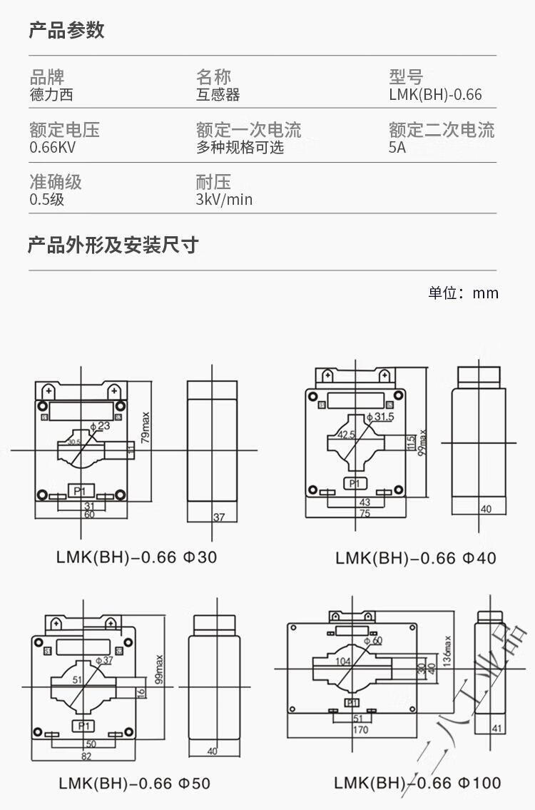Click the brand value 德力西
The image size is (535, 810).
51,95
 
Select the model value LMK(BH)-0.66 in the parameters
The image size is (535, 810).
435,95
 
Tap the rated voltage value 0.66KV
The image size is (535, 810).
52,148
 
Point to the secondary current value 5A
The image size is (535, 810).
397,148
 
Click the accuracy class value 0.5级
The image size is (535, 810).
46,200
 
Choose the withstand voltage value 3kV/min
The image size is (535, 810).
224,200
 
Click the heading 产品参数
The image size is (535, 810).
66,30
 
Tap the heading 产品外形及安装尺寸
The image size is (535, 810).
113,245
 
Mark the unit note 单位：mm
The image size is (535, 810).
463,293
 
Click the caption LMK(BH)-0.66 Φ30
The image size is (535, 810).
136,557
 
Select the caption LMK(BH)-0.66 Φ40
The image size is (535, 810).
416,557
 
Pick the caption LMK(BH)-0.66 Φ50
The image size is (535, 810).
134,783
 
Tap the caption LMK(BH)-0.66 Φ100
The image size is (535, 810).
418,783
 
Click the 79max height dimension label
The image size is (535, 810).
146,426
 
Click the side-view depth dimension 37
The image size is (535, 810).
219,517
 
